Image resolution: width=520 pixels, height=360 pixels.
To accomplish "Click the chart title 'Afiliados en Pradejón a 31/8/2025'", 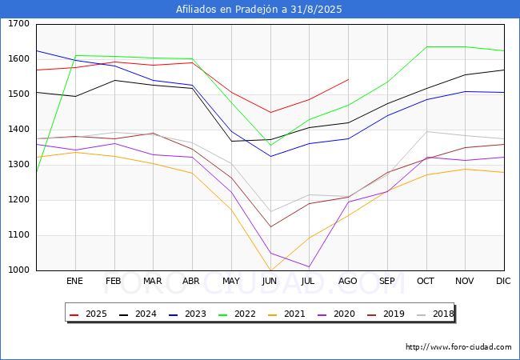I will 260,10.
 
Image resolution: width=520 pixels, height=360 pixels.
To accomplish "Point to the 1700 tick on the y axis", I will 18,24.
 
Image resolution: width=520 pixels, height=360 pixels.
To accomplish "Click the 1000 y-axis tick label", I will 18,270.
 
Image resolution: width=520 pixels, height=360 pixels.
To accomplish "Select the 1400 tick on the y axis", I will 18,130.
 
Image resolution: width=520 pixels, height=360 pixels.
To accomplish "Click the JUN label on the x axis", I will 270,282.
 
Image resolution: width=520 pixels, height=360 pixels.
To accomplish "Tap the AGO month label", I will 348,282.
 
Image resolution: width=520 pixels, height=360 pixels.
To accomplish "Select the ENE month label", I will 74,282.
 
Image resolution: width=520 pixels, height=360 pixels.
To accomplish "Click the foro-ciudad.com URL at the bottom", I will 458,347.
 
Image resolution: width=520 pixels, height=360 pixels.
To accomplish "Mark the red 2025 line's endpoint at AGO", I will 348,79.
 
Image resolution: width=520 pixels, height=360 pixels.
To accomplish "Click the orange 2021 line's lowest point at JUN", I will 270,270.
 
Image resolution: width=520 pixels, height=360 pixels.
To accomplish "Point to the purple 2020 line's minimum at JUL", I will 309,266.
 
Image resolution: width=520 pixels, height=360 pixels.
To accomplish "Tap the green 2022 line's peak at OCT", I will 426,46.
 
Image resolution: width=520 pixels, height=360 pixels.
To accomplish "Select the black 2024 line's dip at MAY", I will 231,141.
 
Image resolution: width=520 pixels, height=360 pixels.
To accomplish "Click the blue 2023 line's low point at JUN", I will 270,156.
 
